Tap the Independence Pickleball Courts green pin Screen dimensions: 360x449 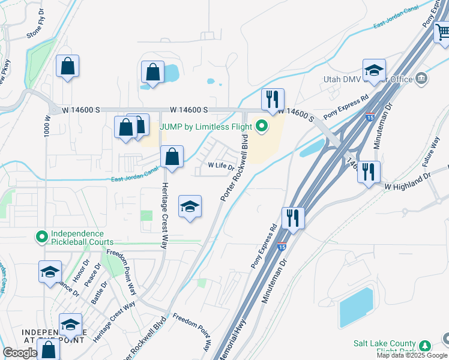(42, 238)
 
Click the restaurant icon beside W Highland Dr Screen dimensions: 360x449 (369, 172)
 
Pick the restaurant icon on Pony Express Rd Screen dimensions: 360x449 (293, 217)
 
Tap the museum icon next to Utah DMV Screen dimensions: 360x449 (421, 77)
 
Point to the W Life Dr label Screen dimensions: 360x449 (221, 166)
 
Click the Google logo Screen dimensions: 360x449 (20, 353)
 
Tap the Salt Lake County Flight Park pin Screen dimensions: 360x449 (426, 346)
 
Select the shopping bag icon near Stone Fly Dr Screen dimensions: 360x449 (67, 66)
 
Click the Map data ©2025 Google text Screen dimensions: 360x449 (412, 355)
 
